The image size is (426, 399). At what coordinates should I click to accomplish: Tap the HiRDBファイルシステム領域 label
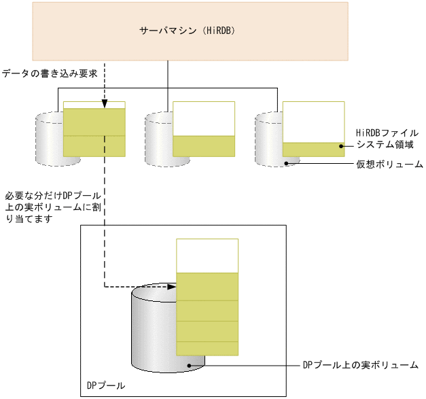coord(387,139)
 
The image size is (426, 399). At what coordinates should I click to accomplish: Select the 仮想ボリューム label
coord(390,164)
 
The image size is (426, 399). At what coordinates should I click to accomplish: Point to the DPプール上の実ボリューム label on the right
coord(360,365)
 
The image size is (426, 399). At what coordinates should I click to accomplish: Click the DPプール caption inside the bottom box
coord(105,386)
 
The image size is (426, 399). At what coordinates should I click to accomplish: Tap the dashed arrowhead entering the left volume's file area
coord(105,104)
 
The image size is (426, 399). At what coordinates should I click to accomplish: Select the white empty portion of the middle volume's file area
coord(204,119)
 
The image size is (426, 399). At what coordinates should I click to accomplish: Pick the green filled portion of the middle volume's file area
coord(204,147)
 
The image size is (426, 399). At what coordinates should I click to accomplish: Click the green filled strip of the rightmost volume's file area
coord(313,150)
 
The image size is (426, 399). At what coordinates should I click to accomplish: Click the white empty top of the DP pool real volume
coord(207,255)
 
